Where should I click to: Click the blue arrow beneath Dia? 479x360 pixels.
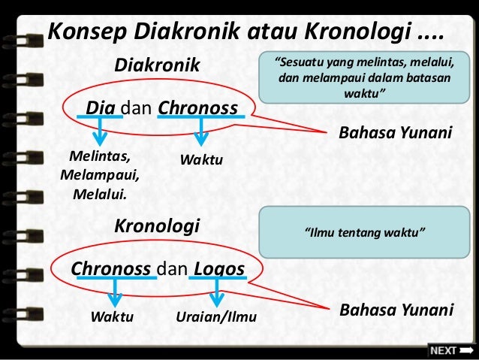(99, 134)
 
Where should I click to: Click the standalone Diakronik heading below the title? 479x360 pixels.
(157, 67)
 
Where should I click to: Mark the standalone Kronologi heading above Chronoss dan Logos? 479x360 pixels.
(155, 225)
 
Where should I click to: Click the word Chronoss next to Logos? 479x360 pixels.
(112, 268)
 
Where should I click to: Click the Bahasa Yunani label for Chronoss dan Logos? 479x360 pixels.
(396, 310)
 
